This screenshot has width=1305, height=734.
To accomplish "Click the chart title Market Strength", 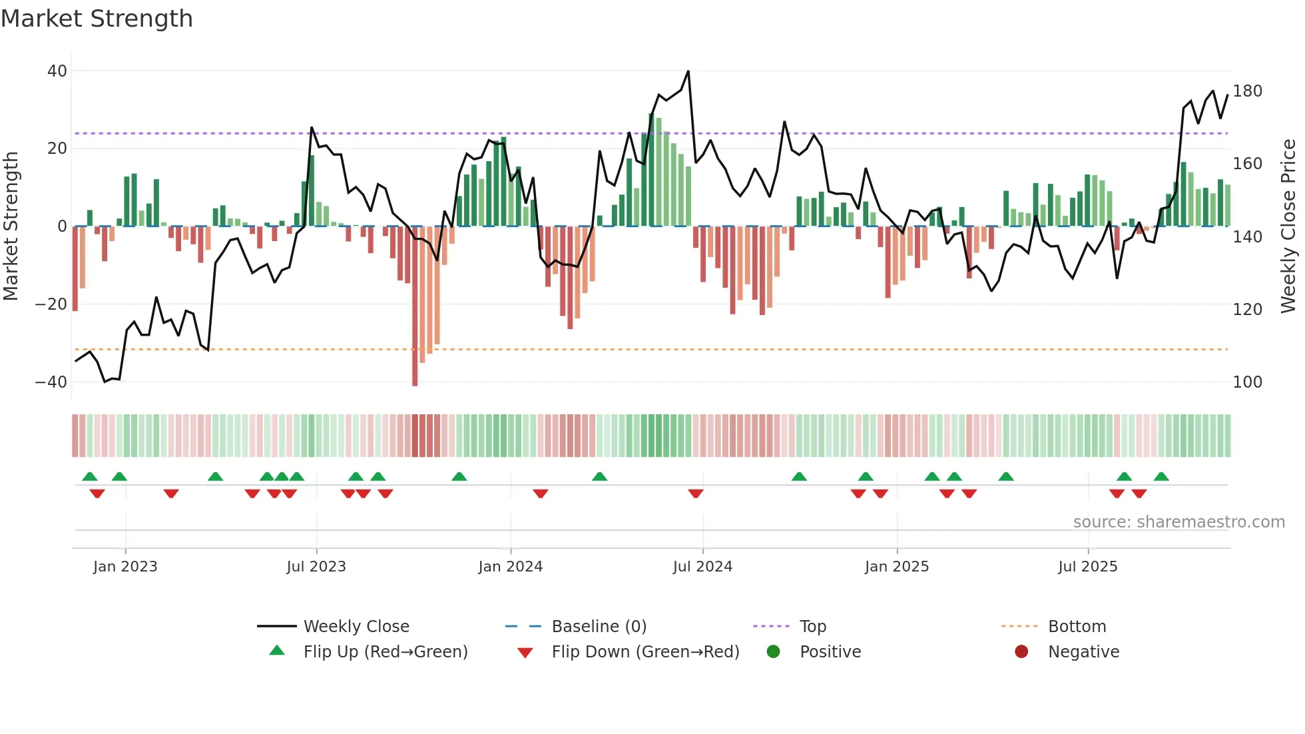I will tap(97, 19).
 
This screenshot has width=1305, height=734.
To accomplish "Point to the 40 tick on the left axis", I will tap(57, 71).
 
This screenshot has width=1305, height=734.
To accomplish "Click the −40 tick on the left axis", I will tap(51, 382).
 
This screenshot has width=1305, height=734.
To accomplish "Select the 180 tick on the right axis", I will tap(1247, 91).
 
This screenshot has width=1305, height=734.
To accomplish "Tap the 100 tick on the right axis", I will tap(1247, 382).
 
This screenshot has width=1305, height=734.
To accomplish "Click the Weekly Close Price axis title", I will tap(1288, 226).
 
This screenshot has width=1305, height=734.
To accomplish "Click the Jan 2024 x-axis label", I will tap(510, 567).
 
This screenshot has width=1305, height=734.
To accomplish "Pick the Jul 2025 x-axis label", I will tap(1087, 567).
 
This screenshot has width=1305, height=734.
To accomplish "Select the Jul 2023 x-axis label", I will tap(316, 567).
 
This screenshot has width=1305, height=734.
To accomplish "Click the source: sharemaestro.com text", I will tap(1178, 522).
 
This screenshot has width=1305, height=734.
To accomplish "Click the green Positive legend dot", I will tap(773, 651).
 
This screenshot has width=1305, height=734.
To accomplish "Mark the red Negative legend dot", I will tap(1021, 651).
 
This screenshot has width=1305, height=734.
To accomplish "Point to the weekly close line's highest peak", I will tap(688, 72).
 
